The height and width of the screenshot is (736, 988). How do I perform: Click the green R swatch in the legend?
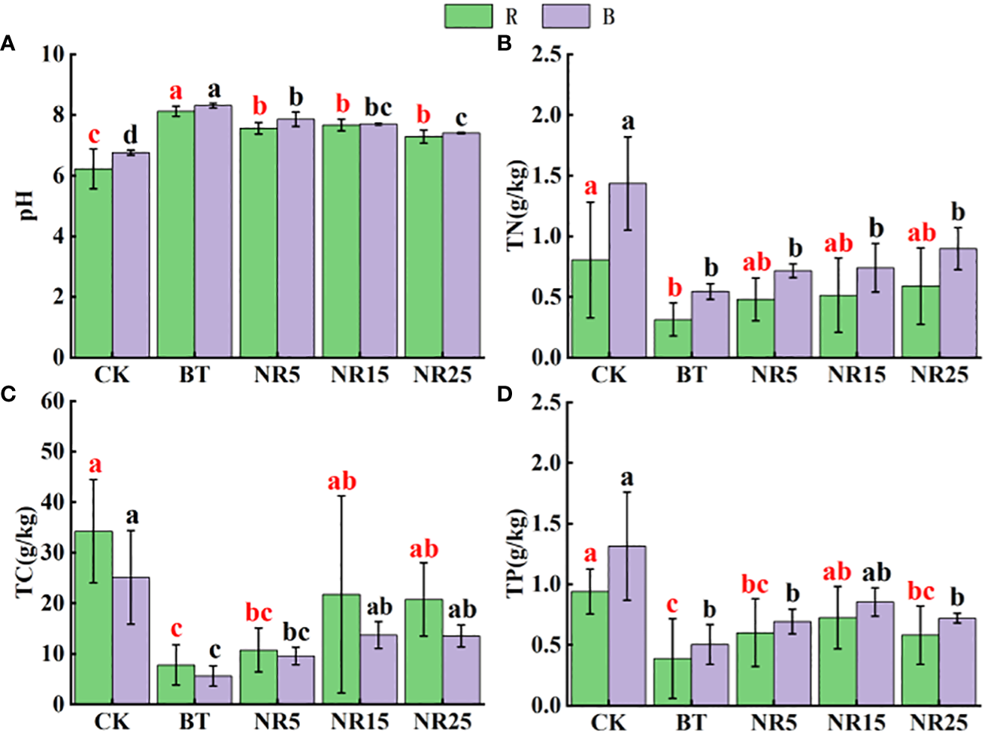click(468, 16)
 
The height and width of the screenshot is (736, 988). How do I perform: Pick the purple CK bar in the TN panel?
click(627, 271)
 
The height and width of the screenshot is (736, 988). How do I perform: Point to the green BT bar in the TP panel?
click(672, 682)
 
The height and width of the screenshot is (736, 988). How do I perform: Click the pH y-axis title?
click(29, 204)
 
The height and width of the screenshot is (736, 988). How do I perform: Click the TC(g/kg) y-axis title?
click(27, 553)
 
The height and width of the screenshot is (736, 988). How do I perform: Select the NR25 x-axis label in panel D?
click(938, 722)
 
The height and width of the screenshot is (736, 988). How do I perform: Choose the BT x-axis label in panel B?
click(691, 374)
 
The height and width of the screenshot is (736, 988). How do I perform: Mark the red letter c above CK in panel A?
click(94, 136)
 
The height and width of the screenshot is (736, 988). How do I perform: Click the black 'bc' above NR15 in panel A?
click(378, 108)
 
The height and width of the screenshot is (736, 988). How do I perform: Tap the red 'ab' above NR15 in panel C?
click(341, 481)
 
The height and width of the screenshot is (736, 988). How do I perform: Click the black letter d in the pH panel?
click(130, 135)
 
